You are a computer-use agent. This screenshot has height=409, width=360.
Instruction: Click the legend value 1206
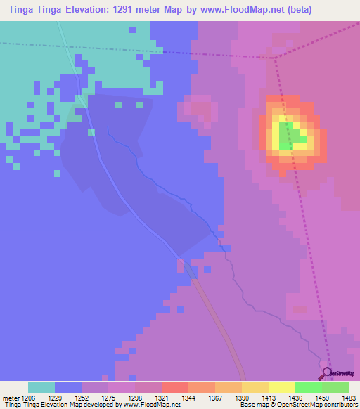pos(28,397)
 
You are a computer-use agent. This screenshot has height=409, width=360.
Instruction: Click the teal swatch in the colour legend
pos(41,387)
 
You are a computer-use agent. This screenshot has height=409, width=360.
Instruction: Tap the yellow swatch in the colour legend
pos(282,387)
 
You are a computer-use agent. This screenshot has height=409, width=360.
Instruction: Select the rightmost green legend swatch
pos(335,387)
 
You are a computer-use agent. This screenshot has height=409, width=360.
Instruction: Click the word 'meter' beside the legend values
pos(10,397)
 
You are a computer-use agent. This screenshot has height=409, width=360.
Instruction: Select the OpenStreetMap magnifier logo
pos(327,373)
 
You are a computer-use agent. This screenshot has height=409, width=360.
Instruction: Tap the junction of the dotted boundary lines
pos(275,57)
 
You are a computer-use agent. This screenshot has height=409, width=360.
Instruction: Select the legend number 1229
pos(55,397)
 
